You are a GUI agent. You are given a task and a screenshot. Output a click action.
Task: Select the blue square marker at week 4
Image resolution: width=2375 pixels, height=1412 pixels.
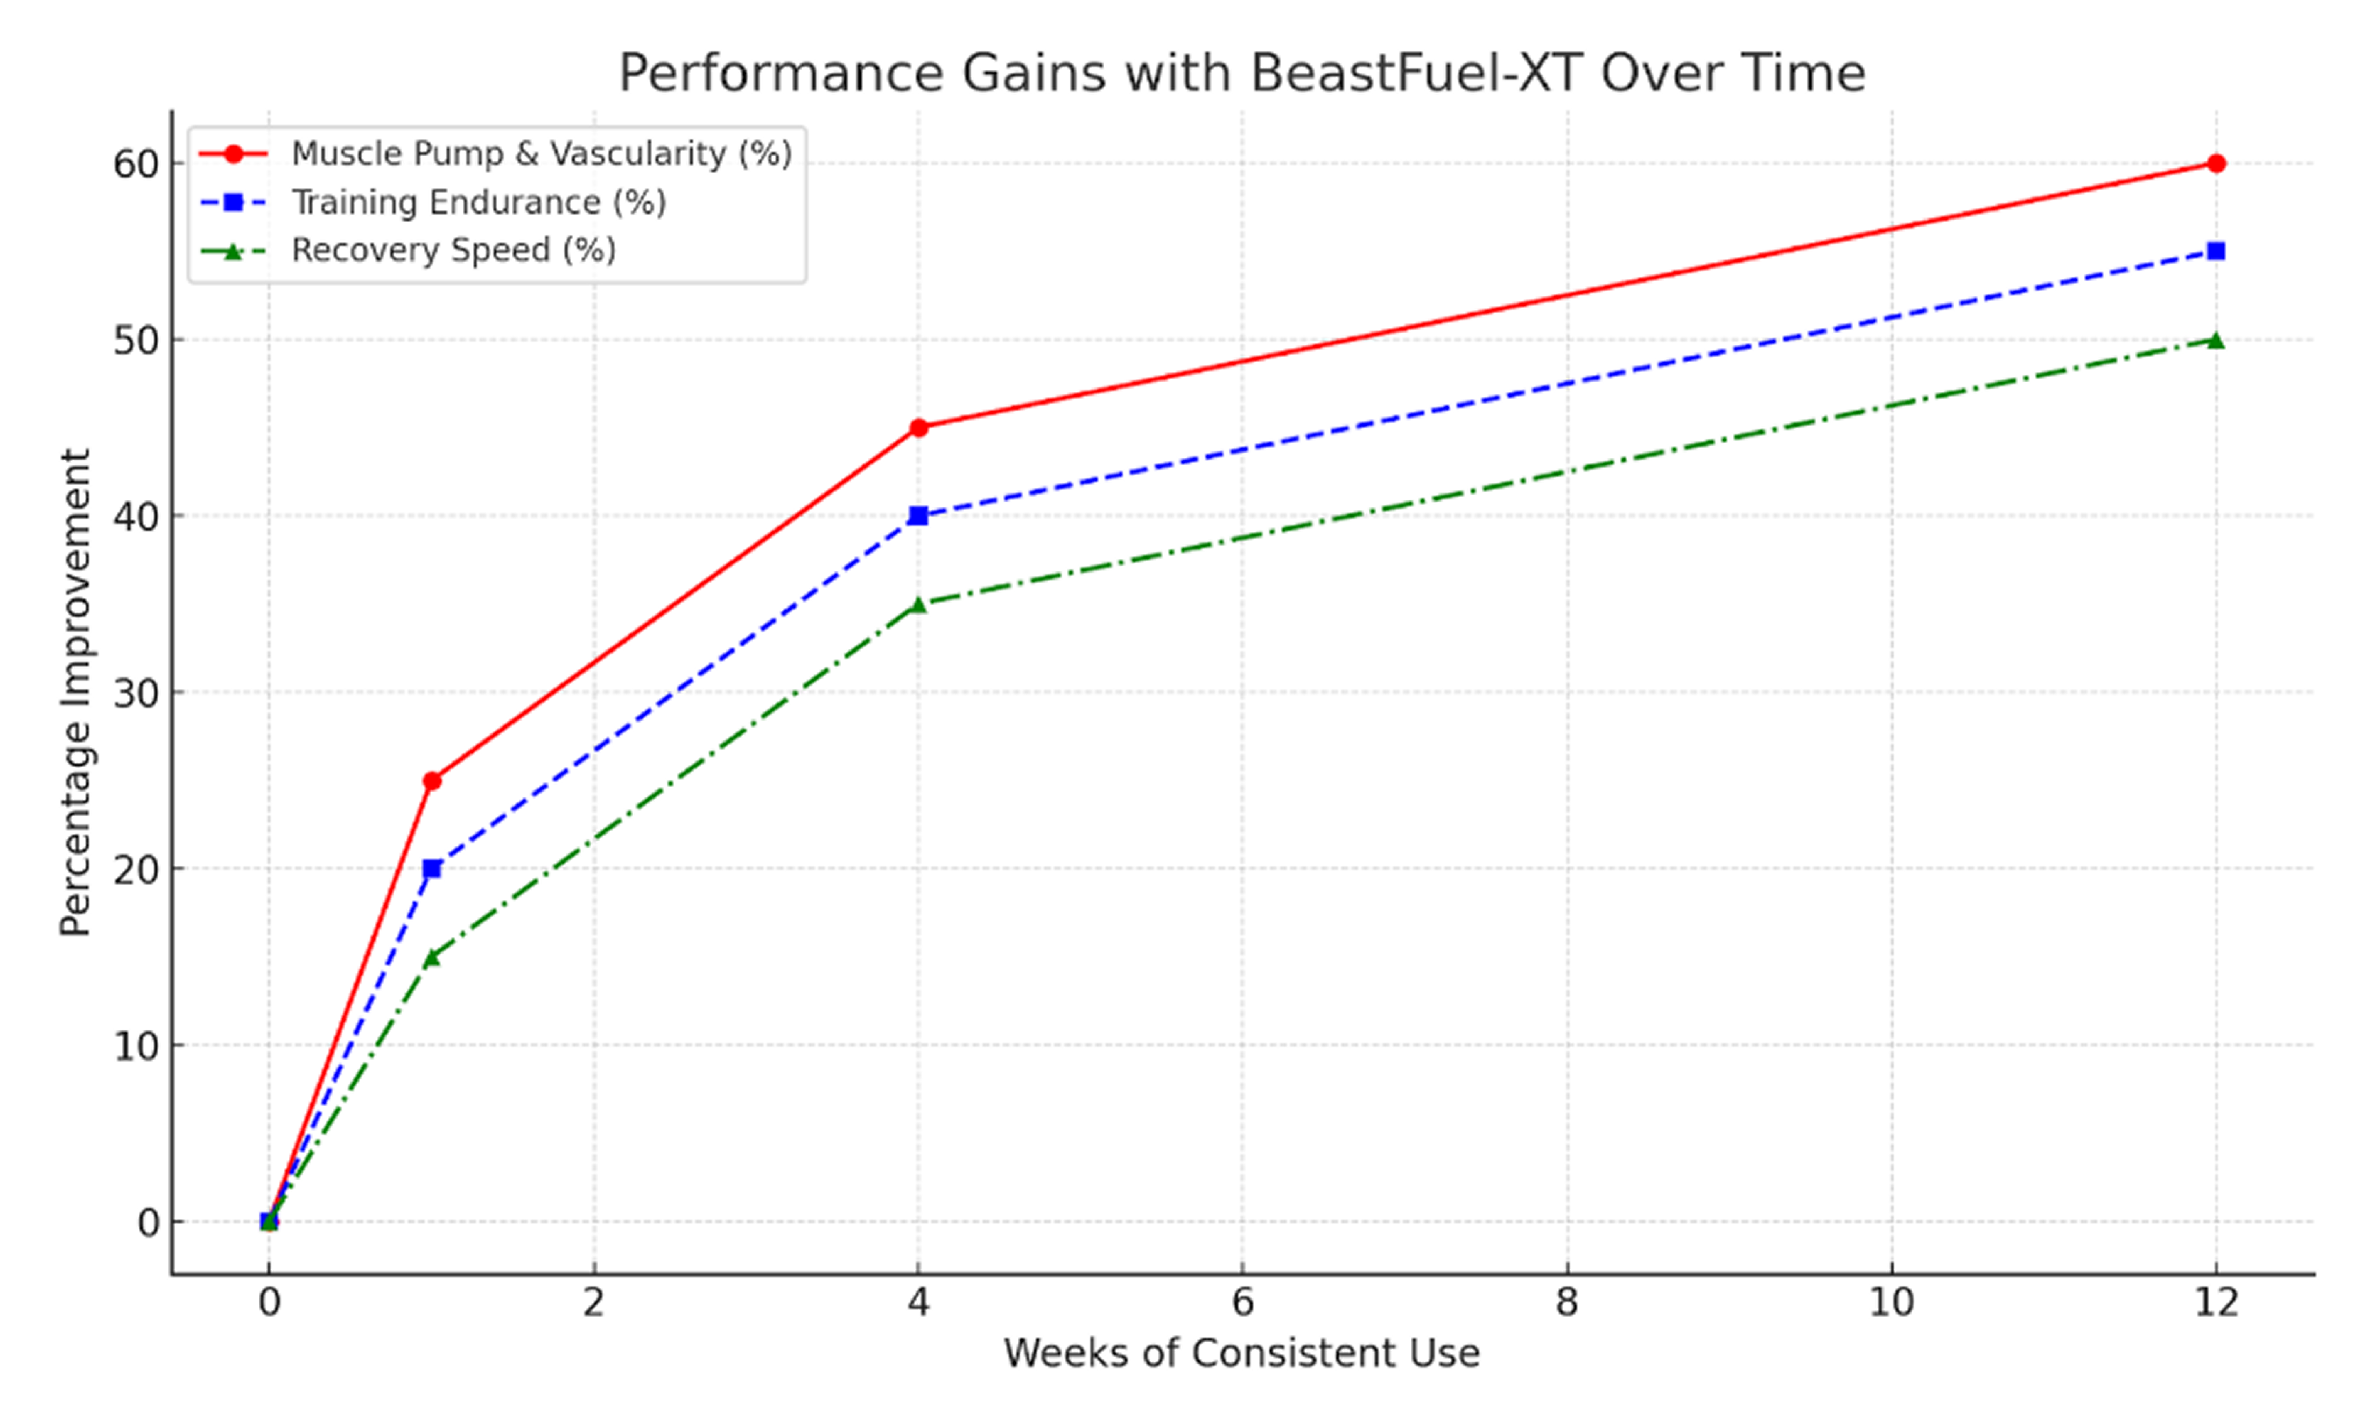(x=918, y=516)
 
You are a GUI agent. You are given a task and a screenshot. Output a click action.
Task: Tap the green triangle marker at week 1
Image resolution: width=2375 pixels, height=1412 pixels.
(x=432, y=957)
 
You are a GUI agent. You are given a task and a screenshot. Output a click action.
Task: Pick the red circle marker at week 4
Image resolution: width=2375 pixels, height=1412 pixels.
(x=918, y=428)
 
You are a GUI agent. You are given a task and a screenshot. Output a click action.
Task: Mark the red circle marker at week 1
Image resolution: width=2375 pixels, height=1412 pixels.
(x=432, y=781)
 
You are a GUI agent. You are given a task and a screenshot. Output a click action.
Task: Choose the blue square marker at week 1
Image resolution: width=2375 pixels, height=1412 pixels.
(x=432, y=869)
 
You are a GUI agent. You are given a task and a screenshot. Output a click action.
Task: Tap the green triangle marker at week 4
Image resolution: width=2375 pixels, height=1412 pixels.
(x=918, y=604)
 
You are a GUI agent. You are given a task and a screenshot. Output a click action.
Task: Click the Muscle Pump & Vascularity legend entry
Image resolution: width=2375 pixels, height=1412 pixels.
(x=540, y=154)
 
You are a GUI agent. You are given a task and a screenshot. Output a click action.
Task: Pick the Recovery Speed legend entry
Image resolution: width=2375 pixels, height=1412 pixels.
(x=453, y=250)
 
